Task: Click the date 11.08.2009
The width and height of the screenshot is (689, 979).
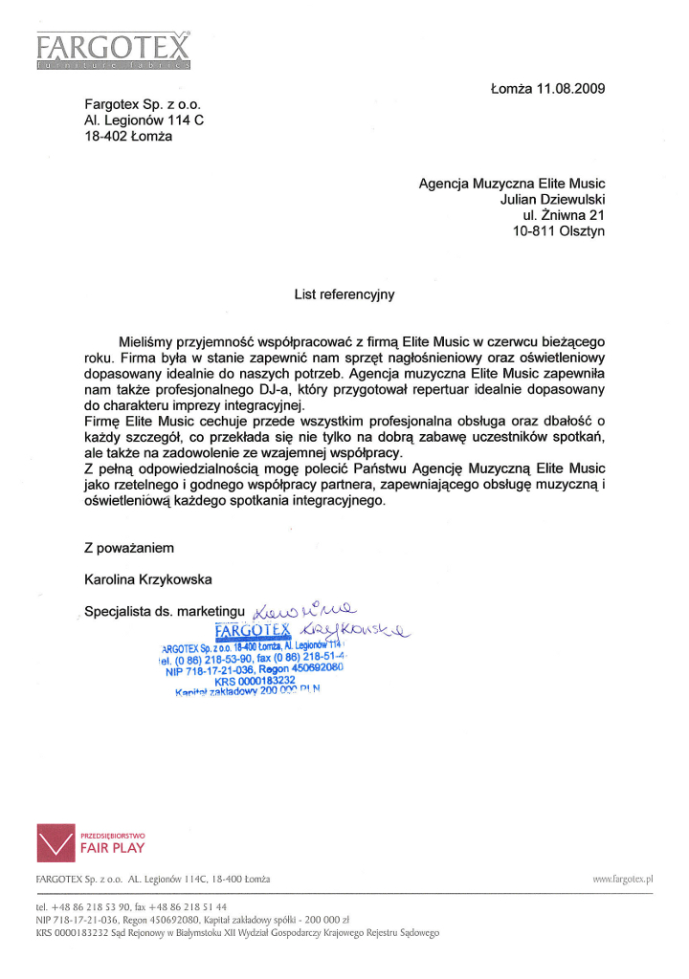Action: click(x=569, y=89)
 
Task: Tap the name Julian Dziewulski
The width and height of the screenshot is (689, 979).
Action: click(x=552, y=200)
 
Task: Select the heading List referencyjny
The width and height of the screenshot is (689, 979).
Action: click(x=344, y=294)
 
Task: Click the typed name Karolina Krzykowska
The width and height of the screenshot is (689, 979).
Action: click(x=148, y=578)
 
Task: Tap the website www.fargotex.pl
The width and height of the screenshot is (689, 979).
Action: click(x=622, y=878)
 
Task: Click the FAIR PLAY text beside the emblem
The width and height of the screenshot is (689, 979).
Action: click(x=107, y=847)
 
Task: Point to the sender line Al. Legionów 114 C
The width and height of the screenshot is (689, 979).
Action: click(x=144, y=120)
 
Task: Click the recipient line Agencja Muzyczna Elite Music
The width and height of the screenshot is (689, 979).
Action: click(x=512, y=184)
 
